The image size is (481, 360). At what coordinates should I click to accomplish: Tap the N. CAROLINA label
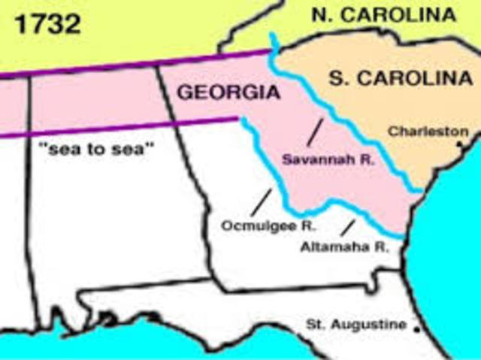tap(386, 15)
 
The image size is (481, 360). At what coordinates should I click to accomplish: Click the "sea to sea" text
tap(95, 149)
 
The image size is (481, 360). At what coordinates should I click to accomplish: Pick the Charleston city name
tap(428, 132)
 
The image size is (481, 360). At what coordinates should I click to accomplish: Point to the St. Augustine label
tap(356, 325)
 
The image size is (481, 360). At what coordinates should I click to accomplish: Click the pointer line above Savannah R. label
tap(314, 132)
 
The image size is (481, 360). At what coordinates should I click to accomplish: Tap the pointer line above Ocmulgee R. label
tap(262, 201)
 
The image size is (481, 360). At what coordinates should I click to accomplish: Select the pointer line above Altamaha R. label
tap(347, 226)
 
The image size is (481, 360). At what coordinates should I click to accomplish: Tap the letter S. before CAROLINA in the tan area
tap(338, 78)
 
